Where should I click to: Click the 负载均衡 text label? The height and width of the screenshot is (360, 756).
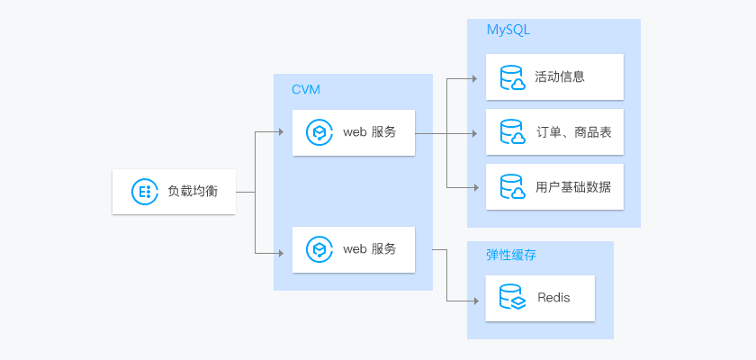193,191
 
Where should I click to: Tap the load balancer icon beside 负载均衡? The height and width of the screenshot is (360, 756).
142,191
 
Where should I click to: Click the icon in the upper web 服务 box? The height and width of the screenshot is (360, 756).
319,132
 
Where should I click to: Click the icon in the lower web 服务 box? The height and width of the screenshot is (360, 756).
319,248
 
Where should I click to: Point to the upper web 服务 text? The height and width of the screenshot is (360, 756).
369,132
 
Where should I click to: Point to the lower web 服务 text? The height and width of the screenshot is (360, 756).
369,248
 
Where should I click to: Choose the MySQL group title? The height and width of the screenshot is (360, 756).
508,30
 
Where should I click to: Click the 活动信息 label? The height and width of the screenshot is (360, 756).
560,76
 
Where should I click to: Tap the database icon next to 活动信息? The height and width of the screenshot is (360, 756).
512,77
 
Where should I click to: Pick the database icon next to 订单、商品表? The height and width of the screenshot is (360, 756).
512,133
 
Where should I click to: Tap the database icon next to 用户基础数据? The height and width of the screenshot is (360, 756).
512,188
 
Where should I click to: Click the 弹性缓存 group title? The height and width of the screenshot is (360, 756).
511,255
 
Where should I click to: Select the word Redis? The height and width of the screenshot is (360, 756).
553,297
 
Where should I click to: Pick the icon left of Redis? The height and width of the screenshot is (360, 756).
512,297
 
